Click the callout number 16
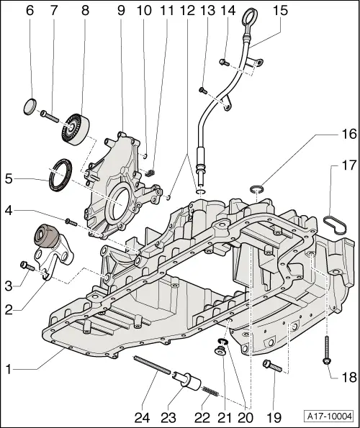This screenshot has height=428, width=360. click(348, 134)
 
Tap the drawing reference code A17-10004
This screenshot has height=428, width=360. click(328, 416)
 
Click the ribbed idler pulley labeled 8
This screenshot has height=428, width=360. click(76, 128)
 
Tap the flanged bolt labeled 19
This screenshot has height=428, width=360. click(272, 365)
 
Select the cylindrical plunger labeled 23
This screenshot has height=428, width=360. click(187, 380)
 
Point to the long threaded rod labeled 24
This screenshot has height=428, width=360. click(152, 365)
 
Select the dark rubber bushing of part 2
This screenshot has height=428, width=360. click(45, 236)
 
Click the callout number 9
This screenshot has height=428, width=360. click(121, 10)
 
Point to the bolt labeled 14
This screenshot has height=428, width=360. click(223, 63)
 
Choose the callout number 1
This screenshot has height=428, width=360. click(9, 370)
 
